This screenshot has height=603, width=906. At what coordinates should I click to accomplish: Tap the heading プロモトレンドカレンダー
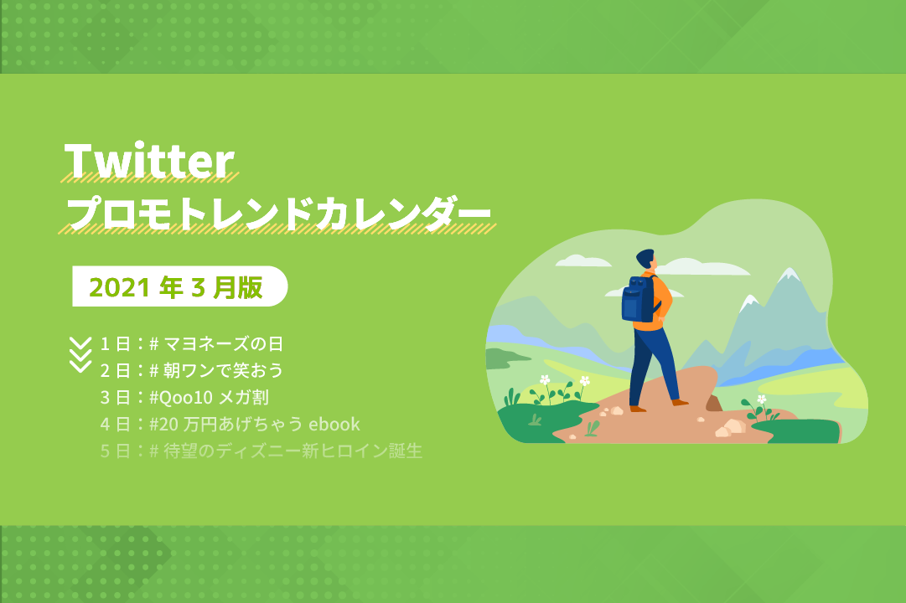click(x=278, y=214)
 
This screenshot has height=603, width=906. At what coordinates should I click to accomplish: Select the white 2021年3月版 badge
click(x=179, y=286)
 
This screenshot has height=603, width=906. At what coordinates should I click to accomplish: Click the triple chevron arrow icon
click(x=80, y=354)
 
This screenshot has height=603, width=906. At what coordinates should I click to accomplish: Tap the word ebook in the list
click(x=334, y=425)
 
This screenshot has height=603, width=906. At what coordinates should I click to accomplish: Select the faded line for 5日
click(x=261, y=451)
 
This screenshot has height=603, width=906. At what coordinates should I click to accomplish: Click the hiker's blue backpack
click(x=638, y=299)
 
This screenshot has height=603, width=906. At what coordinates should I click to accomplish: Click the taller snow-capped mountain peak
click(x=788, y=275)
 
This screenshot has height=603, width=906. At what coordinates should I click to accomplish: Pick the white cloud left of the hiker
click(x=582, y=261)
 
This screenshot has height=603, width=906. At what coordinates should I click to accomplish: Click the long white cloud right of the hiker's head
click(x=702, y=267)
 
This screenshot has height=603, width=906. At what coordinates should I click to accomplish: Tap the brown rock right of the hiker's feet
click(x=713, y=403)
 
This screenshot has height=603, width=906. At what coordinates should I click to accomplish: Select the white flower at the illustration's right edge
click(x=762, y=399)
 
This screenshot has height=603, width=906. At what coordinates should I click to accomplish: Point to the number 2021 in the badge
click(x=120, y=287)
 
